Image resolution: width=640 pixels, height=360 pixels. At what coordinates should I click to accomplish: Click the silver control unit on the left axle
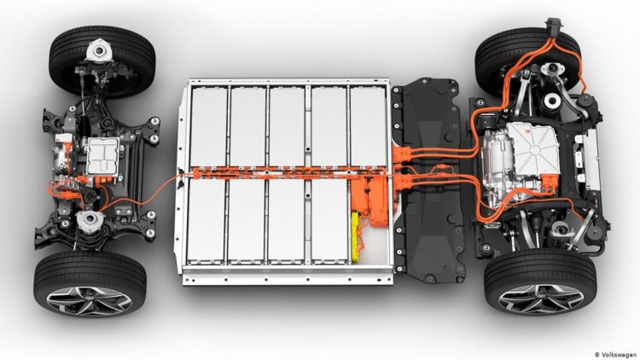pyautogui.click(x=104, y=157)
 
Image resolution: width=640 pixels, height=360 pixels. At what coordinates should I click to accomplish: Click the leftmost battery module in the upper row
pyautogui.click(x=207, y=124)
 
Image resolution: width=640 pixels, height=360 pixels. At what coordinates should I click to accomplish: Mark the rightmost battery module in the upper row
pyautogui.click(x=369, y=124)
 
